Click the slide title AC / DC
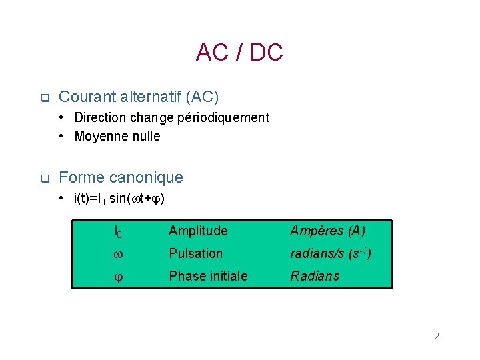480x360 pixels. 239,53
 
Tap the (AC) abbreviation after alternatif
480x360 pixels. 201,97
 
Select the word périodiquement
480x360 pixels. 229,118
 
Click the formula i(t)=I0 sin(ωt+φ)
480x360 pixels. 120,198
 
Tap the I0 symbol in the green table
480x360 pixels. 117,232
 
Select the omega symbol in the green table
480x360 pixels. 117,254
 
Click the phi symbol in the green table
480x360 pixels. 117,277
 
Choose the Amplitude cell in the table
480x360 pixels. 198,231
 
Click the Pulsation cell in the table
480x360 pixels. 195,253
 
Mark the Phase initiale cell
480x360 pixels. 208,276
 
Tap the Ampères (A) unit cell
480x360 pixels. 327,231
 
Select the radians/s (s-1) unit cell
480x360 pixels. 331,253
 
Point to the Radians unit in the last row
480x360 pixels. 315,276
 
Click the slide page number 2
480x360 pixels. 437,336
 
